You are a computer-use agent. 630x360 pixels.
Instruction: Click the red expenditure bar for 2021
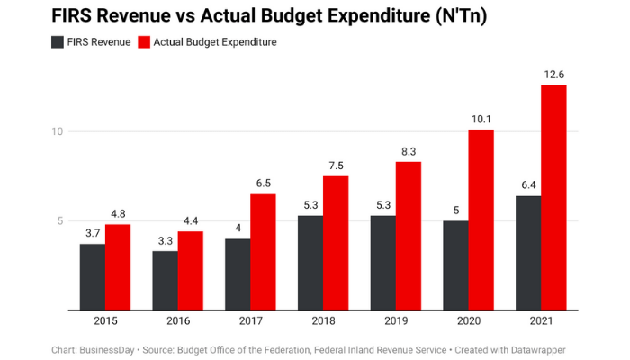point(553,197)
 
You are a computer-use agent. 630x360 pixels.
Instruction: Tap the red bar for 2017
point(263,252)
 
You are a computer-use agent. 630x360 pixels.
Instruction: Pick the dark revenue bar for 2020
point(455,265)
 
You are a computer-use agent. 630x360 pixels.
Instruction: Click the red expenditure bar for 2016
point(190,271)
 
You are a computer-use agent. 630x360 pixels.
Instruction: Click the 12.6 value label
point(553,75)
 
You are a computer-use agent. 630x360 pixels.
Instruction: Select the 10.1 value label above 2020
point(481,119)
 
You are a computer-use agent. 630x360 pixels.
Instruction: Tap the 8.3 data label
point(408,151)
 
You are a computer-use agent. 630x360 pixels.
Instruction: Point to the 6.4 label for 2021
point(528,185)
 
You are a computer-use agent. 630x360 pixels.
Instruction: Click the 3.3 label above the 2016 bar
point(166,240)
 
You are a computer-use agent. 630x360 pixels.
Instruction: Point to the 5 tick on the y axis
point(59,220)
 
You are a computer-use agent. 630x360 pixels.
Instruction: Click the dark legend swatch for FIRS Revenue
point(58,42)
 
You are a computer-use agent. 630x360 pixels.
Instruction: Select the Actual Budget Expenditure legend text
point(215,42)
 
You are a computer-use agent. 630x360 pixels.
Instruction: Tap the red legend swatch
point(144,42)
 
